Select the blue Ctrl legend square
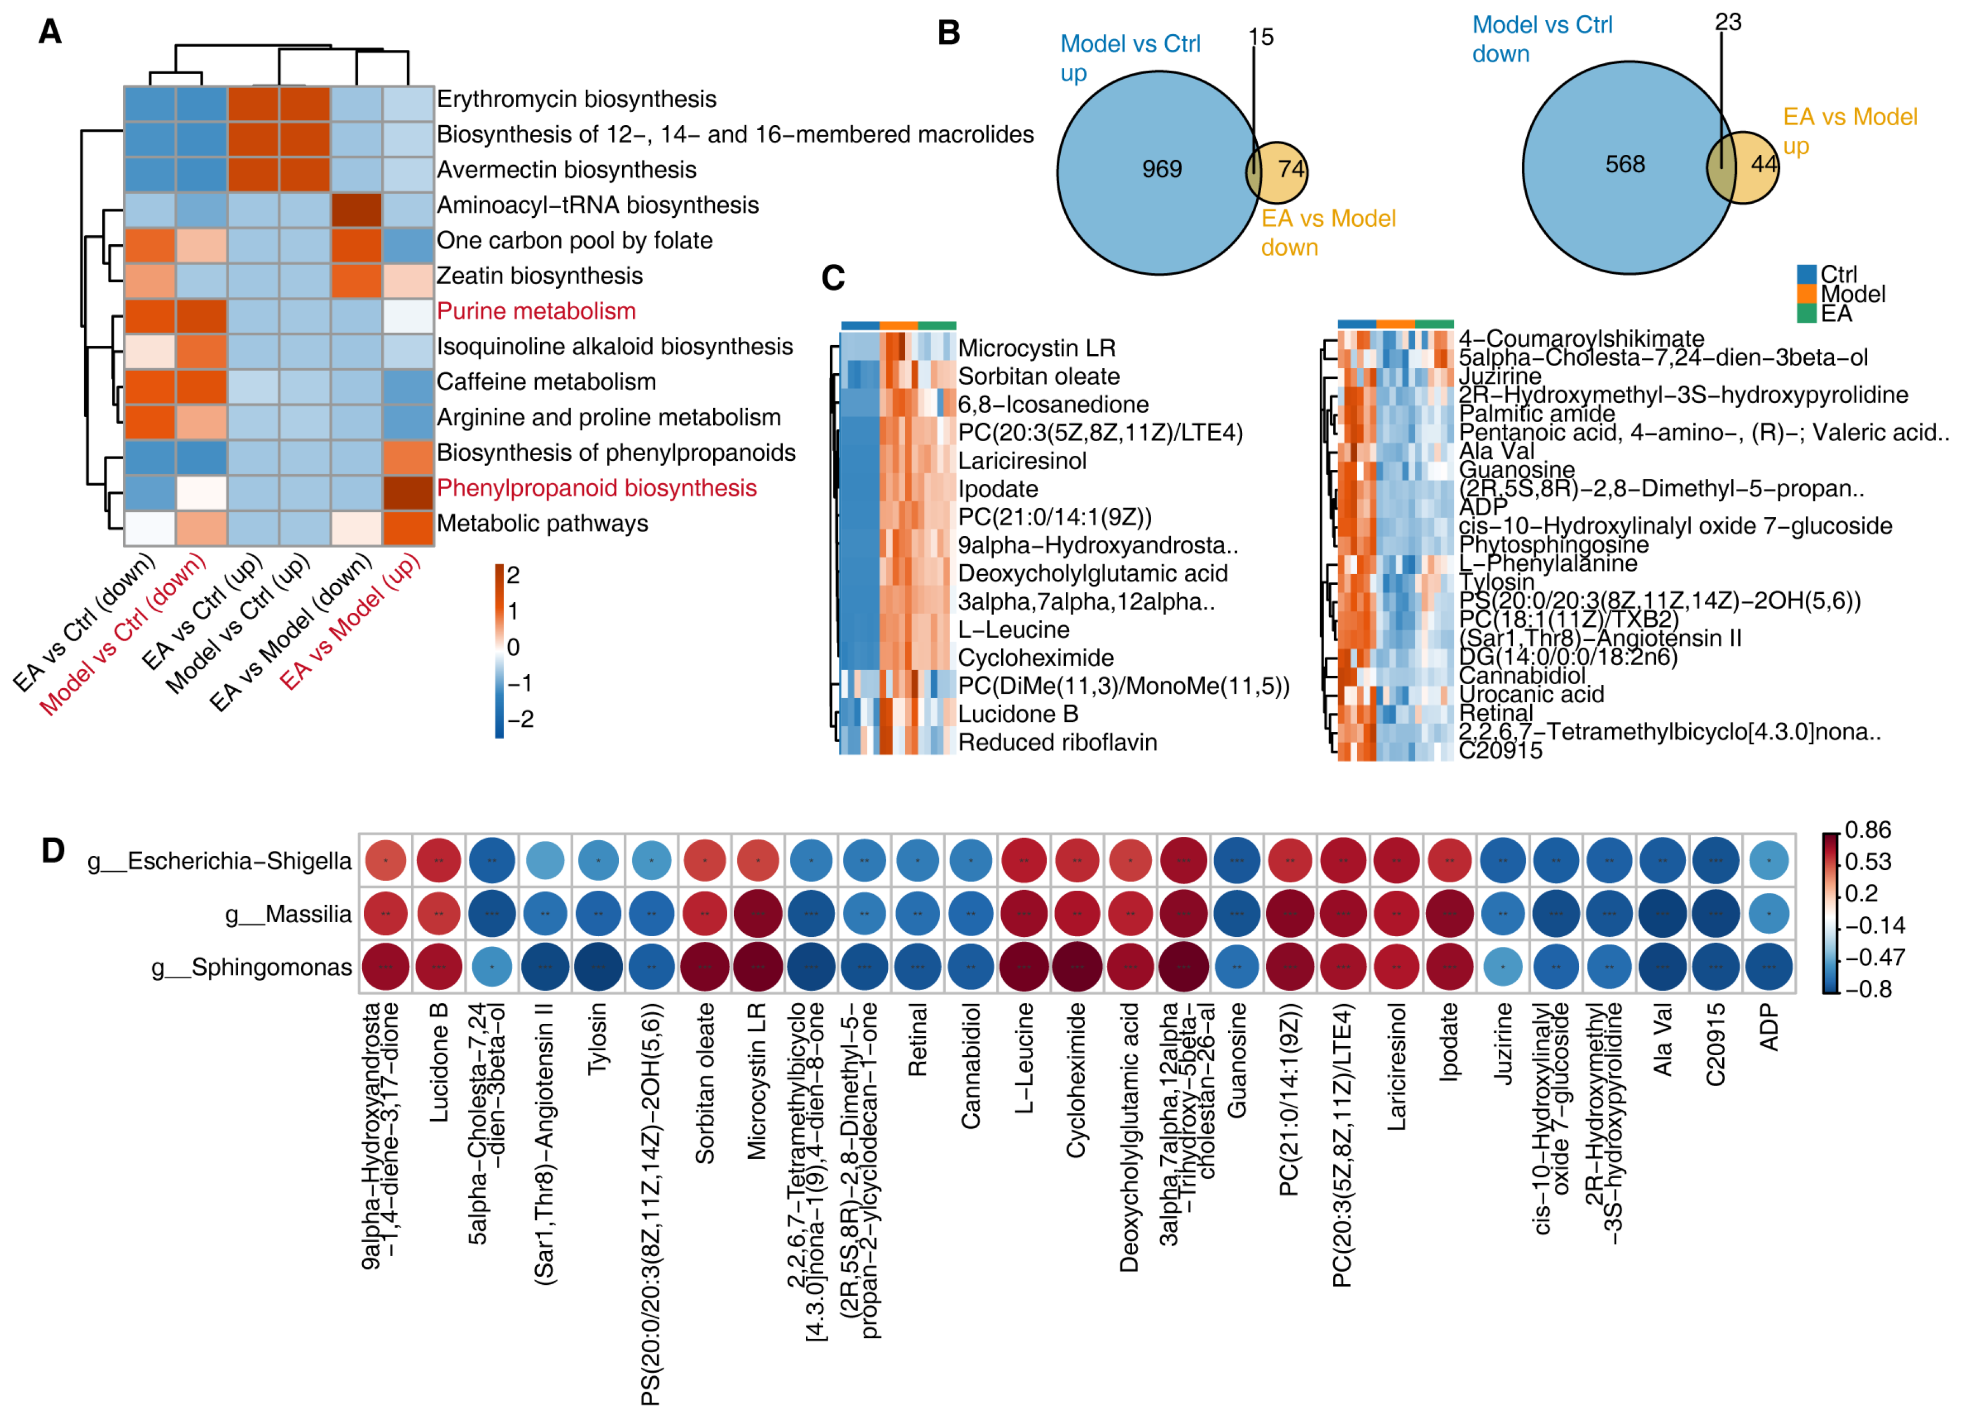pyautogui.click(x=1806, y=274)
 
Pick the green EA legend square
pyautogui.click(x=1806, y=313)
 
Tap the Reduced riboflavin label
pyautogui.click(x=1057, y=742)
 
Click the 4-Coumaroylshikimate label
pyautogui.click(x=1581, y=338)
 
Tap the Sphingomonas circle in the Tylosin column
pyautogui.click(x=598, y=967)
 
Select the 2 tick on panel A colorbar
pyautogui.click(x=513, y=575)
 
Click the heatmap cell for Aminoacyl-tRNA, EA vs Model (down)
pyautogui.click(x=357, y=210)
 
